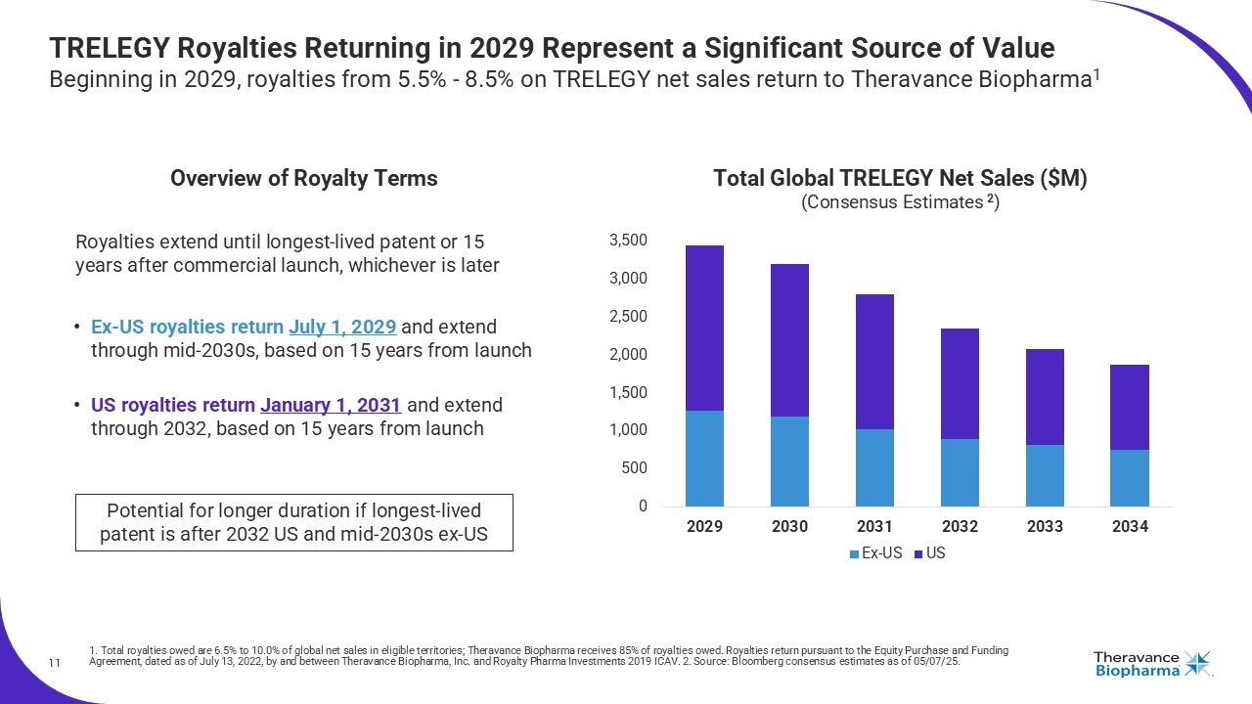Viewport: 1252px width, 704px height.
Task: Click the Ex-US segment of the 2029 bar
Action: point(704,459)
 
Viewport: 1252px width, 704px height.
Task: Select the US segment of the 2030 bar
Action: point(789,340)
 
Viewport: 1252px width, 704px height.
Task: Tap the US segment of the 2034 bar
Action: point(1129,407)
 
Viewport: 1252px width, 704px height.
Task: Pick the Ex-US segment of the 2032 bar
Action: point(960,472)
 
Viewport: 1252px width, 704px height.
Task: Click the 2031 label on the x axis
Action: point(874,526)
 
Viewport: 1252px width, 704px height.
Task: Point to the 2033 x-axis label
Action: point(1045,526)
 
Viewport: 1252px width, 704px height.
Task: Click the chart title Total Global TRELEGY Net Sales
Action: point(900,179)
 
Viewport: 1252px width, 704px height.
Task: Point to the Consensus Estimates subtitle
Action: point(900,202)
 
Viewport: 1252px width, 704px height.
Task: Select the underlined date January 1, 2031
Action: point(331,405)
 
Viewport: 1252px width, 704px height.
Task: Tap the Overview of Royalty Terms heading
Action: point(303,179)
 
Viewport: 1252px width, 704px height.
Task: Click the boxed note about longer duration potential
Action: point(293,522)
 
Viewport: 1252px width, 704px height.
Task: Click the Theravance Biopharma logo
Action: point(1152,664)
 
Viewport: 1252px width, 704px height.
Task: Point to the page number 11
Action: point(55,665)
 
